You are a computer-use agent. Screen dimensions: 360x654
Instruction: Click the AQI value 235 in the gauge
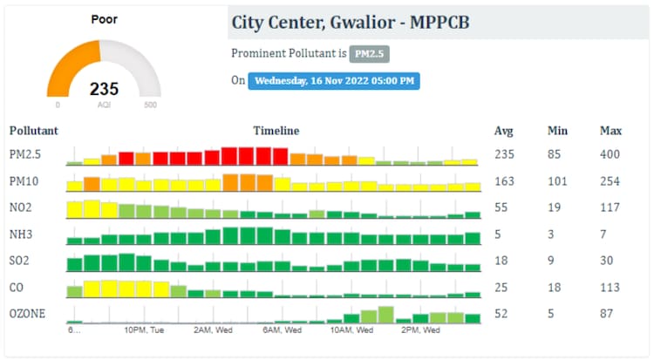pyautogui.click(x=104, y=89)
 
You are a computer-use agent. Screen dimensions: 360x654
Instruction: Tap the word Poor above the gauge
pyautogui.click(x=105, y=18)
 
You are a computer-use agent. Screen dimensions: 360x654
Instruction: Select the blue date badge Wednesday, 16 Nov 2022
pyautogui.click(x=335, y=81)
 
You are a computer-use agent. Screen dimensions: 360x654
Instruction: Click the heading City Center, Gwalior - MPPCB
pyautogui.click(x=351, y=22)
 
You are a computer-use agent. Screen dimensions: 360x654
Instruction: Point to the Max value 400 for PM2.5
pyautogui.click(x=610, y=155)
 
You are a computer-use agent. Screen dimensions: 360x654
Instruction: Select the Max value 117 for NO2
pyautogui.click(x=610, y=207)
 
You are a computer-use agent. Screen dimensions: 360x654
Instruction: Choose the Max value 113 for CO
pyautogui.click(x=610, y=287)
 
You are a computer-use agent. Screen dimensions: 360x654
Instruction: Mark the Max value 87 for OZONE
pyautogui.click(x=607, y=313)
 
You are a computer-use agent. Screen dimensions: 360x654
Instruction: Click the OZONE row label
pyautogui.click(x=27, y=313)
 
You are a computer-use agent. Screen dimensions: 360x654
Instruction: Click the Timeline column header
pyautogui.click(x=276, y=131)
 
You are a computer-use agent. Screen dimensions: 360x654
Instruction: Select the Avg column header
pyautogui.click(x=503, y=131)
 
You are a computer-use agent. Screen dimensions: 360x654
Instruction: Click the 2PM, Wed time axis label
pyautogui.click(x=417, y=330)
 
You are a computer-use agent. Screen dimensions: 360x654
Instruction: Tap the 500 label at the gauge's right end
pyautogui.click(x=150, y=105)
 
